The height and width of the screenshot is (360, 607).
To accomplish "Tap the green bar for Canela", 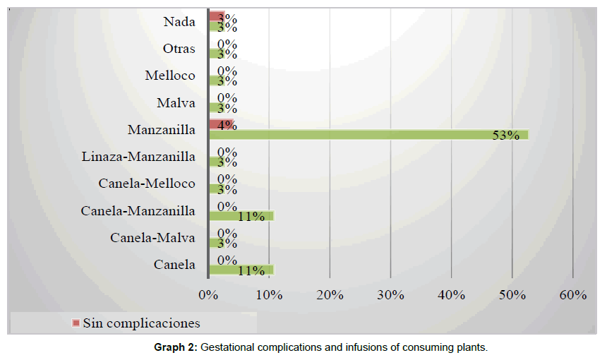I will [x=240, y=270].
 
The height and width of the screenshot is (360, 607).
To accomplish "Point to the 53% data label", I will [x=505, y=136].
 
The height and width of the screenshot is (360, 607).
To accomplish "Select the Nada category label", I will [x=179, y=21].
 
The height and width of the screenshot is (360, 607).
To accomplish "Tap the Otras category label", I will [x=179, y=49].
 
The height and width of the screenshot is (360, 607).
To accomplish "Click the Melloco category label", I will [x=170, y=76].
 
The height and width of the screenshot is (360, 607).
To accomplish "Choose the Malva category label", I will [x=176, y=103].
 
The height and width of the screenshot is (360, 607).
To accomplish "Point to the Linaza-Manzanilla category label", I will [x=138, y=157].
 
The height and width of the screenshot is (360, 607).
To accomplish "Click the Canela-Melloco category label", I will [x=147, y=184].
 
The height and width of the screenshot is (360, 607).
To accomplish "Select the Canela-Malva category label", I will [x=152, y=238].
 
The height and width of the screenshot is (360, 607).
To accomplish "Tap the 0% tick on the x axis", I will [x=209, y=295].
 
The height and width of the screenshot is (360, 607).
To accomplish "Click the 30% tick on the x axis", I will [x=391, y=295].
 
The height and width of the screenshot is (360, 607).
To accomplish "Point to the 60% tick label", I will [x=573, y=295].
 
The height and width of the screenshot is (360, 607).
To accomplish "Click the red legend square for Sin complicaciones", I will [x=76, y=323].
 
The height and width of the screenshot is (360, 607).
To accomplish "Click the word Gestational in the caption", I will [x=229, y=347].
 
